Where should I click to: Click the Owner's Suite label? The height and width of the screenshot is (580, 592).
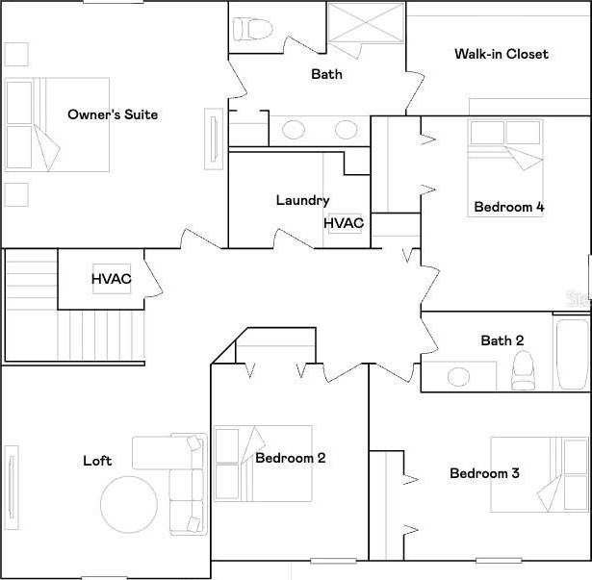pos(113,114)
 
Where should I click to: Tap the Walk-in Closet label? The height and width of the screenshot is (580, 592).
pos(501,54)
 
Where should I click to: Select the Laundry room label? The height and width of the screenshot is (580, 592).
pos(302,200)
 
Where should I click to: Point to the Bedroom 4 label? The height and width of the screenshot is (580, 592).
pos(509,207)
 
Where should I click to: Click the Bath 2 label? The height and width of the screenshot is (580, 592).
pos(502,340)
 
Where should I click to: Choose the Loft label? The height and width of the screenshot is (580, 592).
pos(97,461)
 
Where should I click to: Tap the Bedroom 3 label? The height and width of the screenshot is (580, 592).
pos(484,473)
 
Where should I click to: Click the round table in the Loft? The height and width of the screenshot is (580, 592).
pos(129,504)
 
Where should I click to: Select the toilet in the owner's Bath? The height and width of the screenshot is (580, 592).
pos(252,29)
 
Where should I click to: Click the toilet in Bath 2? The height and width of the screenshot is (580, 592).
pos(523,370)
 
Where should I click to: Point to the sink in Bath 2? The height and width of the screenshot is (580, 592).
pos(458,377)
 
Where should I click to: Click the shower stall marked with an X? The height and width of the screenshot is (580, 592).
pos(366,23)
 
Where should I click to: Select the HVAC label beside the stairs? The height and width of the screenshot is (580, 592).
pos(112,279)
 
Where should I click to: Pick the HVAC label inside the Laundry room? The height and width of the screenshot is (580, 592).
pos(344,223)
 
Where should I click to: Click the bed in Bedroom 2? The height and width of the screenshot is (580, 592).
pos(263,464)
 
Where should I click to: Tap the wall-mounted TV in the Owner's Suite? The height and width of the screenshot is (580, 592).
pos(214,139)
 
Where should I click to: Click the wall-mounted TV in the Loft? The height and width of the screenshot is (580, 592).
pos(12,488)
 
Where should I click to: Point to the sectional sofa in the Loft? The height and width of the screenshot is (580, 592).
pos(186,484)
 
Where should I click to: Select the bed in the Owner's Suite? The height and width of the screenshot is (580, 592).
pos(57,125)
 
